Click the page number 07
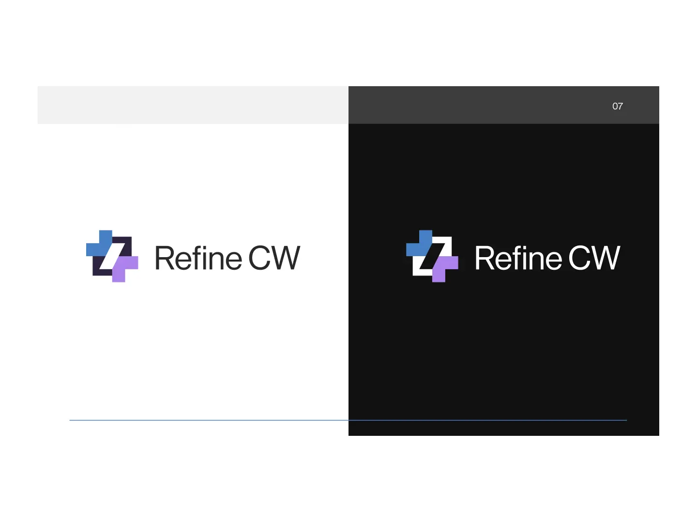(x=617, y=106)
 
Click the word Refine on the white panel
(x=198, y=258)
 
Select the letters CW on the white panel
(x=274, y=258)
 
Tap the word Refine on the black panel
(x=518, y=258)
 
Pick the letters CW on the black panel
(x=594, y=258)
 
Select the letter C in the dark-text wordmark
(x=260, y=258)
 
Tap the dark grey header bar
(x=484, y=105)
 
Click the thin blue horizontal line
(x=242, y=420)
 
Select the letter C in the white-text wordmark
(x=580, y=258)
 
